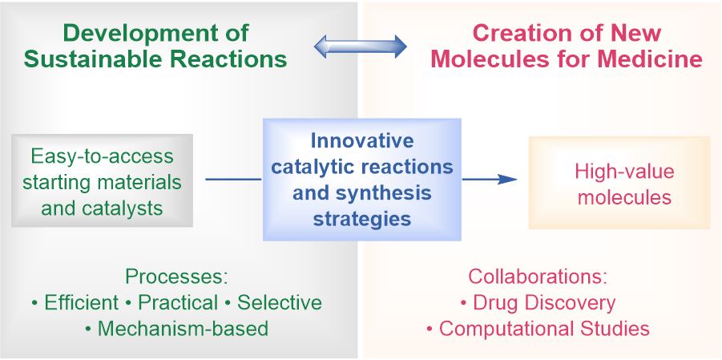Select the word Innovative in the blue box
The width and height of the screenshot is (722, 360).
[x=362, y=142]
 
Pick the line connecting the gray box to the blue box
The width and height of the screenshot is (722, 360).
[x=233, y=180]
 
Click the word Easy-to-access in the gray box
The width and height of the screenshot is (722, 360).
[x=102, y=156]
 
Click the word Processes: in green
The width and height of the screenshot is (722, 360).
[x=177, y=277]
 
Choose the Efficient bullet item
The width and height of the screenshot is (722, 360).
[x=75, y=302]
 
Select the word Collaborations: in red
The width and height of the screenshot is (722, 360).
[x=538, y=277]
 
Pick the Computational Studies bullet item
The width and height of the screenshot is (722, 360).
[x=538, y=328]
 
